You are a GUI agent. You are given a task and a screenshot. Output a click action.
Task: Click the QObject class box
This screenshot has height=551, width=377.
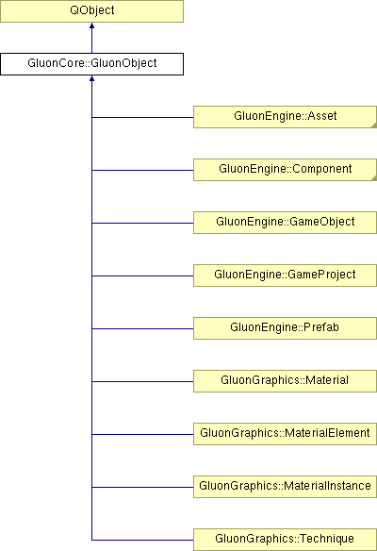coord(91,11)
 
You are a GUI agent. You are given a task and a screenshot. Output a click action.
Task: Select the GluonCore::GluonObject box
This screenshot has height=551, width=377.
coord(91,64)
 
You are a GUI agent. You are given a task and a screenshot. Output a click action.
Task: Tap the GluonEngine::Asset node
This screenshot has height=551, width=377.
coord(285,117)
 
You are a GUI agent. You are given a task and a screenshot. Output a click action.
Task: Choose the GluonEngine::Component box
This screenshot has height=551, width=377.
coord(285,170)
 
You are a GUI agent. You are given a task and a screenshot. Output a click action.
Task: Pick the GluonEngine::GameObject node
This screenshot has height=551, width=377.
coord(285,223)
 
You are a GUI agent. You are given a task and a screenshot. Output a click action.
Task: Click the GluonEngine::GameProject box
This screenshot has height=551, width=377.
coord(285,275)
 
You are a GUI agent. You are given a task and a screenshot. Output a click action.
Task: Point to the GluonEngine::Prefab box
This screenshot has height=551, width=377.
coord(285,328)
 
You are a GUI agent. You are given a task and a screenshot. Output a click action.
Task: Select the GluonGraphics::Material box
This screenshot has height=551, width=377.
coord(285,381)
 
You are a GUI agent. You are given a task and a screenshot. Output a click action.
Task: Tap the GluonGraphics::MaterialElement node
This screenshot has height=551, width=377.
coord(285,434)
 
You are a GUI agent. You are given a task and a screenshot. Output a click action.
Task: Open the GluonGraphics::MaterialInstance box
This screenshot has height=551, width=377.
coord(285,487)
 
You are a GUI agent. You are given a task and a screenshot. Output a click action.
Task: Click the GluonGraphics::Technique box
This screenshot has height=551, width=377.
coord(285,540)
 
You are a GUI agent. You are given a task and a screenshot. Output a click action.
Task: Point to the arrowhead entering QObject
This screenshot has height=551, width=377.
coord(91,25)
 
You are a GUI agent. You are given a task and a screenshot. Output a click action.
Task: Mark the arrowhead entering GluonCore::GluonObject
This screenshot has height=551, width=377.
coord(91,78)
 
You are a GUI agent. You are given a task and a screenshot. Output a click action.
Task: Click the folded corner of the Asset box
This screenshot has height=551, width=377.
coord(374,125)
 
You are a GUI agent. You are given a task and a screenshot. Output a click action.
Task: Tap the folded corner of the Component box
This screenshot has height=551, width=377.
coord(374,178)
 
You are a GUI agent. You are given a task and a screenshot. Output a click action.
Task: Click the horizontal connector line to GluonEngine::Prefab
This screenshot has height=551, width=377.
coord(142,328)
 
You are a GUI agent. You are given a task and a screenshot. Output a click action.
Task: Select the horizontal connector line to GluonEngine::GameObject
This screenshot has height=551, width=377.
coord(142,223)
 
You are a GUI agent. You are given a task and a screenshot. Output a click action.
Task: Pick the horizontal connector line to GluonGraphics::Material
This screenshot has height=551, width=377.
coord(142,381)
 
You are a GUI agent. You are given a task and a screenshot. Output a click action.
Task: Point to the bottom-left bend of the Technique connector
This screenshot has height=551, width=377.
coord(92,540)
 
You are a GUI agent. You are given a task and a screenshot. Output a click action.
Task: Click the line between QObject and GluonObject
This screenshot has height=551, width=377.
coord(91,38)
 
